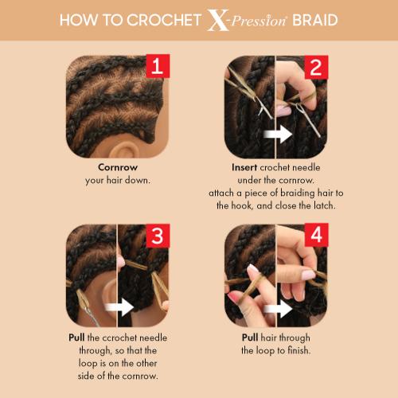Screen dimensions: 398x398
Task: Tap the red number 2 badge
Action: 315,68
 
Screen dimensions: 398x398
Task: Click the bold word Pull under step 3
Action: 76,338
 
